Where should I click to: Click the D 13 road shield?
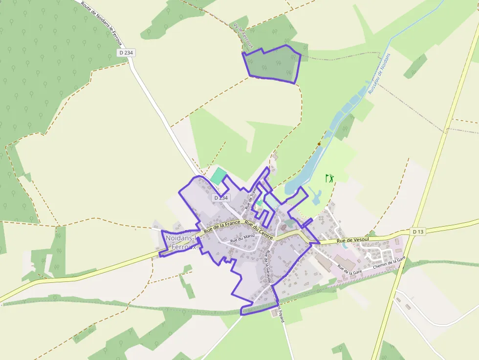[417, 231]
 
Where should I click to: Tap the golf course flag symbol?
[330, 178]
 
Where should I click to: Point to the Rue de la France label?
[221, 226]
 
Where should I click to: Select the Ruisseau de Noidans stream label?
[379, 74]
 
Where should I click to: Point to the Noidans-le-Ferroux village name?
[181, 242]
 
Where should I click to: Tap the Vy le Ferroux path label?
[244, 36]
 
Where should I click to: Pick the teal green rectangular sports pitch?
[218, 176]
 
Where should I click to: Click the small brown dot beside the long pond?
[319, 144]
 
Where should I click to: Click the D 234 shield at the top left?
[126, 52]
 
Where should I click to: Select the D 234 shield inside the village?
[220, 198]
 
